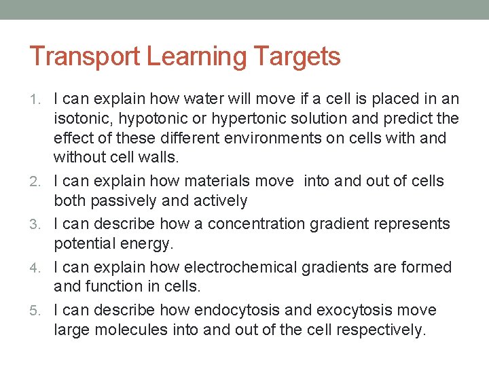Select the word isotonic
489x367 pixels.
(83, 118)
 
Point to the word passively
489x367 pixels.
(117, 200)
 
